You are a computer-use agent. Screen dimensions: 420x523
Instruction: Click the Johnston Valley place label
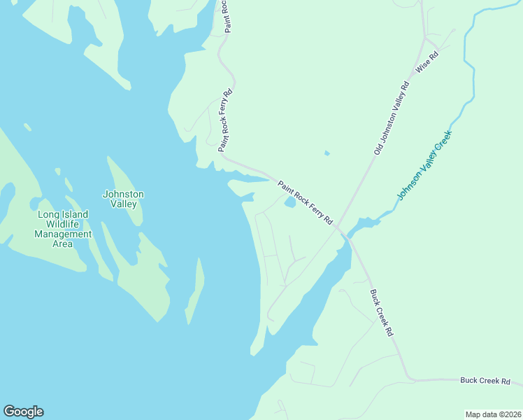123,199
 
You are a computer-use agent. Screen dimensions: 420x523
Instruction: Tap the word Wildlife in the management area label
63,224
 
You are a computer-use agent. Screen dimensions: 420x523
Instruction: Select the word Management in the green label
63,234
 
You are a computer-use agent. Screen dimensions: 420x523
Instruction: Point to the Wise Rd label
426,63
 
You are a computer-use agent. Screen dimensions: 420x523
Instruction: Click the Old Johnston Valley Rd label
391,118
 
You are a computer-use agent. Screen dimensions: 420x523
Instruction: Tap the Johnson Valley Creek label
425,164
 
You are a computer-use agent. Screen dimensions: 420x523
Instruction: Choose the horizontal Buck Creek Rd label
485,381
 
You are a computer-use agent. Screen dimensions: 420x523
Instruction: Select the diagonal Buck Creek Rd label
382,313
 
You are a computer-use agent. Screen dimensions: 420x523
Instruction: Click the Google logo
23,412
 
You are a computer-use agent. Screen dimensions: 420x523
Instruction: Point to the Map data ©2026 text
493,414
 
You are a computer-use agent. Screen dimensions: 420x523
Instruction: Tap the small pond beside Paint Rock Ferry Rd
289,203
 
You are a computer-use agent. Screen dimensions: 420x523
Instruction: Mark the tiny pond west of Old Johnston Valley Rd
327,153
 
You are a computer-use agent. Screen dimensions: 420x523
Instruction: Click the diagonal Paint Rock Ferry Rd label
305,202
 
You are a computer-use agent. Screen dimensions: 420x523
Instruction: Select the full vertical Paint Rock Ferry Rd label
224,120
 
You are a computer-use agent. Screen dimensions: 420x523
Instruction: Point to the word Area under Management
63,244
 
